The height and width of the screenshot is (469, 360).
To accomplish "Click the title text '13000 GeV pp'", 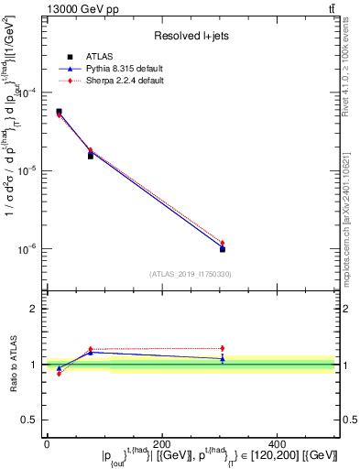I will [x=75, y=8].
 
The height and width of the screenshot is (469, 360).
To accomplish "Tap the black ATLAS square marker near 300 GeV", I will [x=222, y=249].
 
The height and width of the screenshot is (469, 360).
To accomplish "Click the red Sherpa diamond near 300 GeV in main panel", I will [x=222, y=243].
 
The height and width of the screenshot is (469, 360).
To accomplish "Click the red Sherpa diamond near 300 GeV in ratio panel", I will [x=222, y=348].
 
